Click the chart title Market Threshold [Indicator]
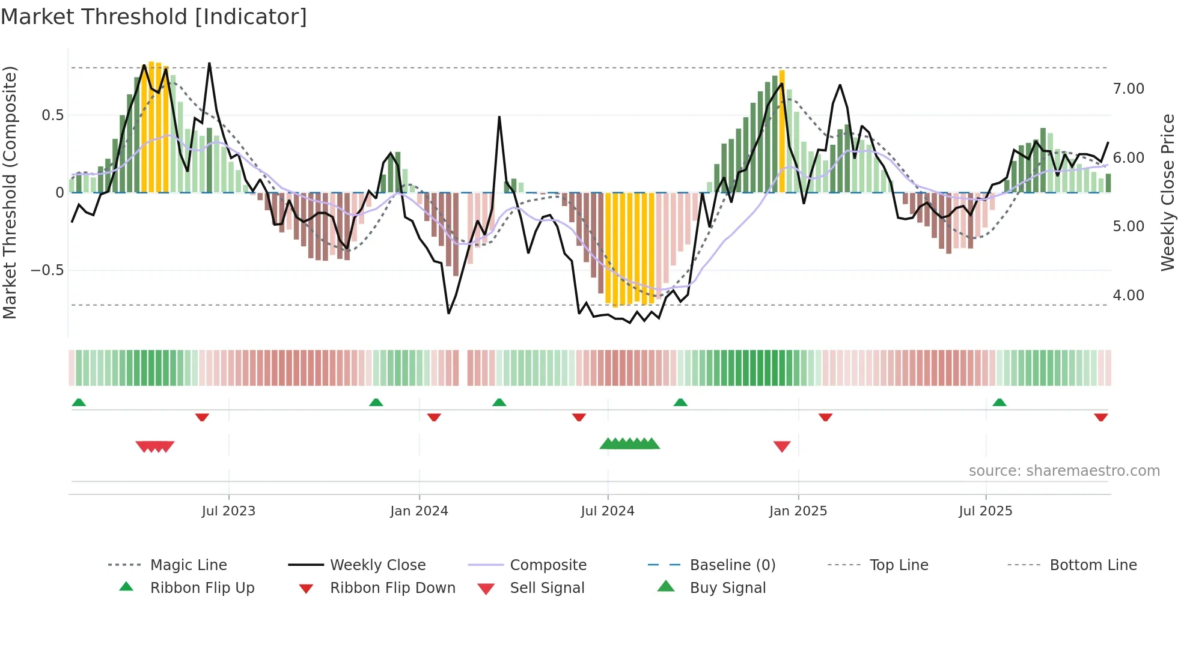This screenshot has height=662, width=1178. [154, 17]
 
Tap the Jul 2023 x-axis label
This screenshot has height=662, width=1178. [228, 511]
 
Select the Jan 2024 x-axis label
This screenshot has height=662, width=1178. [419, 511]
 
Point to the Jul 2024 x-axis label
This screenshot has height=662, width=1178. [608, 511]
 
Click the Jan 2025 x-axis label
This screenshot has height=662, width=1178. [798, 511]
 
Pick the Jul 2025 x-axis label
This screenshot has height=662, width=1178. [986, 511]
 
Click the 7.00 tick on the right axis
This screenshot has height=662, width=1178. [1129, 89]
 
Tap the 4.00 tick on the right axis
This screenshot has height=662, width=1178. [1129, 296]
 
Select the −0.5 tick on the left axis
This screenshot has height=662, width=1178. [47, 270]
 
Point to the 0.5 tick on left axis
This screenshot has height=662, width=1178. [52, 115]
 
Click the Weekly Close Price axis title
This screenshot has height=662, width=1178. [1167, 192]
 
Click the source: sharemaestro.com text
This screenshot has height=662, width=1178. [1064, 471]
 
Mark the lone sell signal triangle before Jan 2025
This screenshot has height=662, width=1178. [782, 446]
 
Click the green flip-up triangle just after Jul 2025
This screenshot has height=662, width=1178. [999, 402]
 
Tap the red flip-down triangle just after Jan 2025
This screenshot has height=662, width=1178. [825, 417]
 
